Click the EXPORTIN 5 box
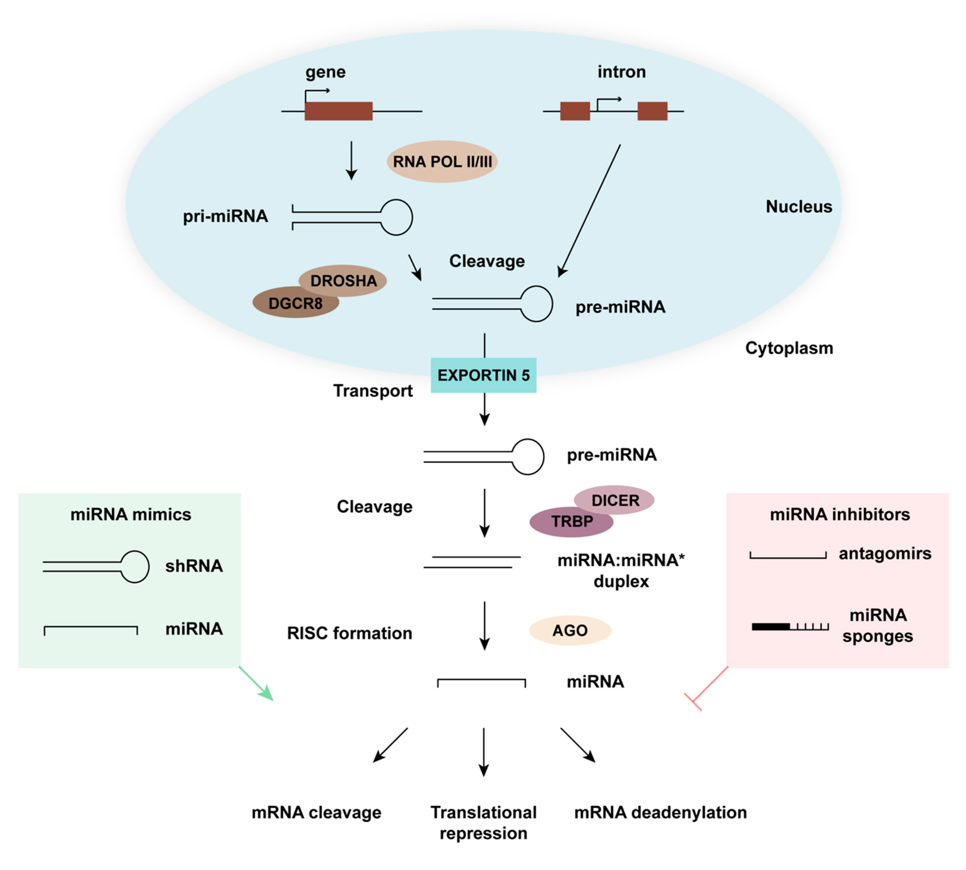tap(483, 375)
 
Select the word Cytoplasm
tap(789, 348)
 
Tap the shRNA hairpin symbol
tap(96, 566)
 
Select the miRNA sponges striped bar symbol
tap(790, 626)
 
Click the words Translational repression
tap(483, 822)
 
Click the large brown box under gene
tap(338, 111)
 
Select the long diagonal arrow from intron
tap(589, 210)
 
